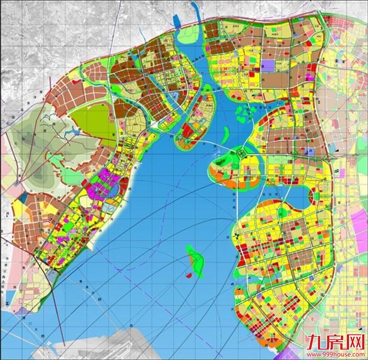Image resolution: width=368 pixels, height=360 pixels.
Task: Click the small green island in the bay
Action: pyautogui.click(x=195, y=261)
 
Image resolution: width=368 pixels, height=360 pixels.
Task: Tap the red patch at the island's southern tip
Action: pyautogui.click(x=188, y=275)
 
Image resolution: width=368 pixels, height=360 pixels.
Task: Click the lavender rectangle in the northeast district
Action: pyautogui.click(x=269, y=65)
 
